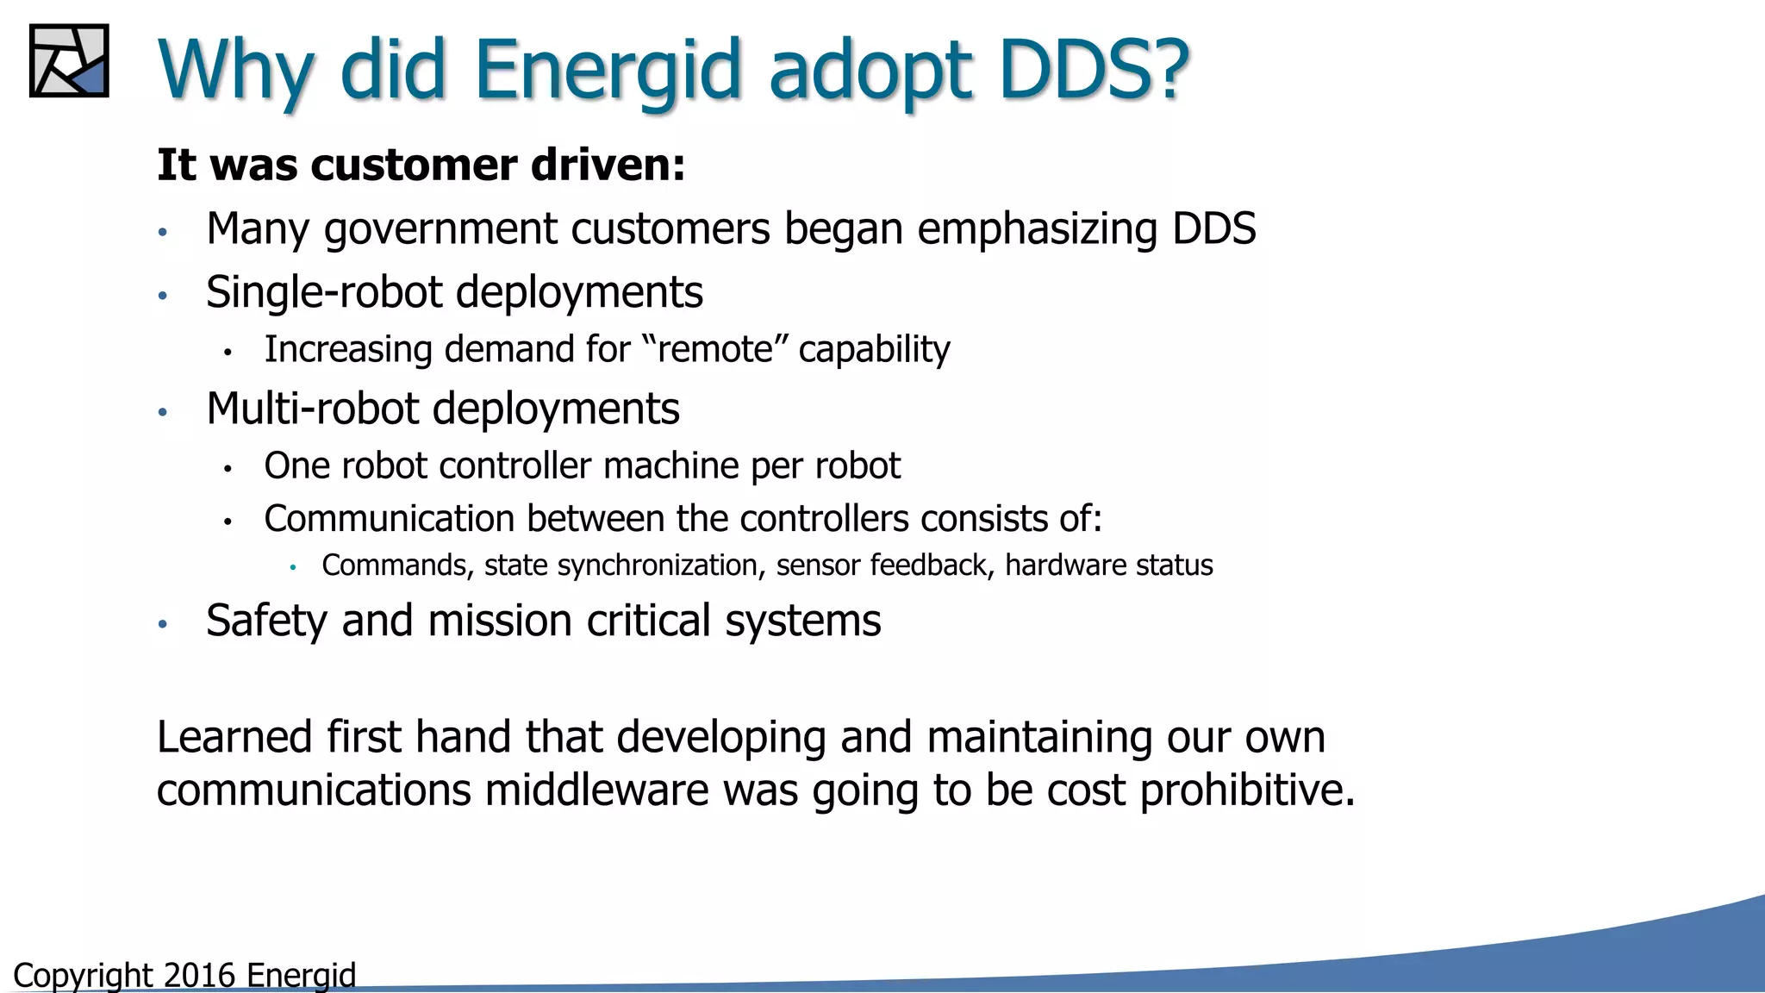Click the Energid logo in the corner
(x=69, y=60)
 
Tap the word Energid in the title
(x=607, y=71)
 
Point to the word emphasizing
(x=1037, y=230)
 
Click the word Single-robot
(x=323, y=292)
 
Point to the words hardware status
(x=1108, y=565)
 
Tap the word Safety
(x=266, y=621)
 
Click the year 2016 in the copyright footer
(x=199, y=976)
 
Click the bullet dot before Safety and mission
(x=162, y=623)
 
